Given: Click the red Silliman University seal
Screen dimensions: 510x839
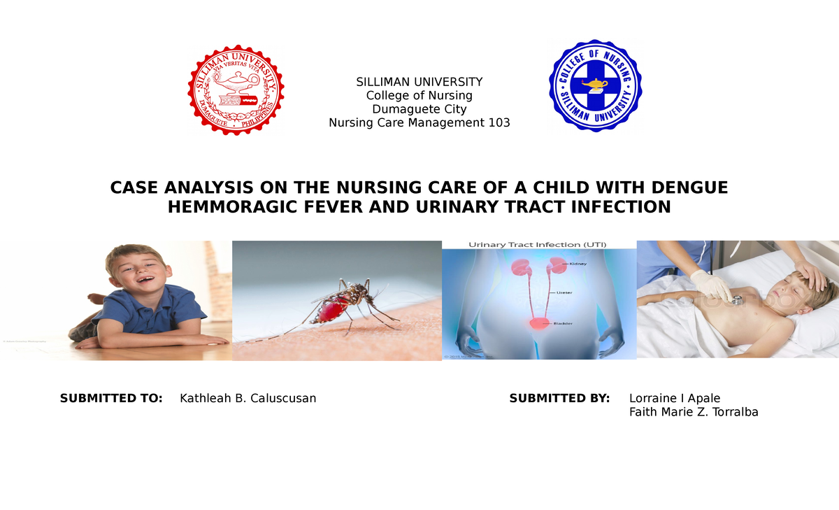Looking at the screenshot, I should point(236,89).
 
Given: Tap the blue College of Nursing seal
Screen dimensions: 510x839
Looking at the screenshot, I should point(595,85).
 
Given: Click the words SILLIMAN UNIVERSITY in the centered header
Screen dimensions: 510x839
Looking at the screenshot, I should point(419,82).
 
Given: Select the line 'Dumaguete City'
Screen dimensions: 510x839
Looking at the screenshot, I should point(419,109).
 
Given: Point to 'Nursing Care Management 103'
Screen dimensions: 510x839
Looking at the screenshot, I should point(419,123).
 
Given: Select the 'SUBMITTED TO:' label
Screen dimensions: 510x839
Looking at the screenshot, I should point(111,398).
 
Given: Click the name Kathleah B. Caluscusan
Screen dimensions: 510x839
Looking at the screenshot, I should point(248,398).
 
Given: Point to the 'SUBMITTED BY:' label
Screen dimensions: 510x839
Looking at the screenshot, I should point(559,398).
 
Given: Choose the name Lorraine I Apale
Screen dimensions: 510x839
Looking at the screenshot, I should point(675,398).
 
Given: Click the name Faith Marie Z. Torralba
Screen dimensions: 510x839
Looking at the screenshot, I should point(694,412).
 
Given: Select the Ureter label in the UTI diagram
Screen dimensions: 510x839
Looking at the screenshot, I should point(564,292).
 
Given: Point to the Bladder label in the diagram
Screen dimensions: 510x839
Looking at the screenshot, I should point(564,324).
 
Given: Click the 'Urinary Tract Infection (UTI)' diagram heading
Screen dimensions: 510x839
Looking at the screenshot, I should point(537,245).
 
